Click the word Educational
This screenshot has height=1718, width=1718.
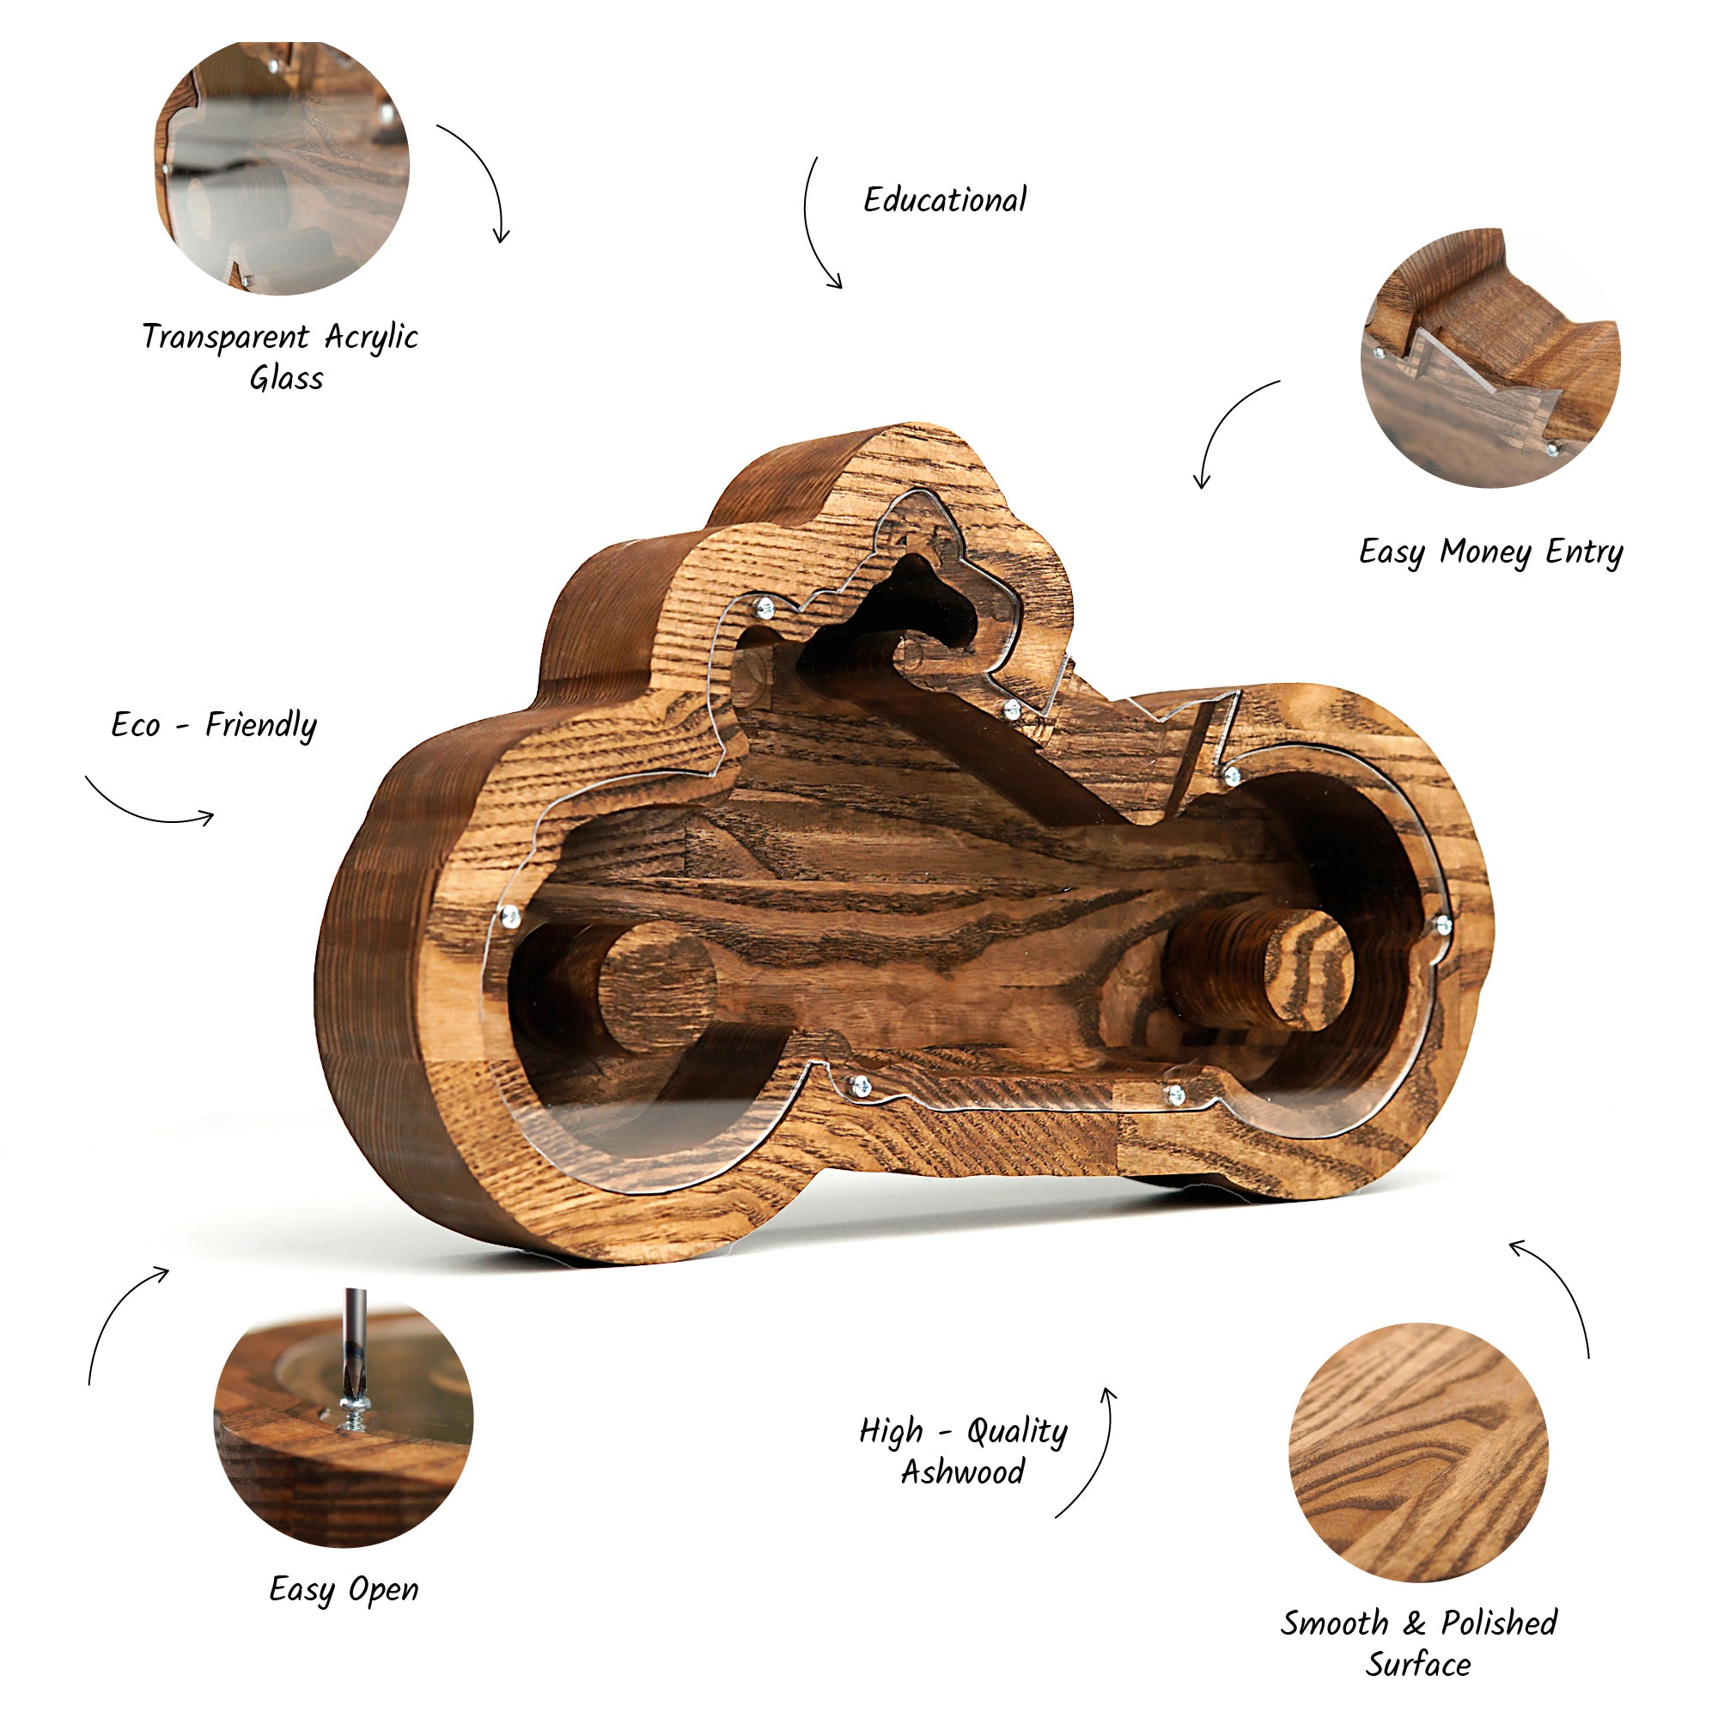coord(945,200)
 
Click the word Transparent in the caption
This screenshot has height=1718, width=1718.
coord(226,338)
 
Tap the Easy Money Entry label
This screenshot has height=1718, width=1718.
coord(1490,552)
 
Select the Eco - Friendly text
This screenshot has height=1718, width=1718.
coord(213,726)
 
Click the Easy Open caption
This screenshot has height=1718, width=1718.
coord(344,1589)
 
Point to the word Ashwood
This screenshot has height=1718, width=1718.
coord(963,1471)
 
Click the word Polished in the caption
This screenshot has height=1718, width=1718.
coord(1499,1623)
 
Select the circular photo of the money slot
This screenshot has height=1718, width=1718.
coord(1490,357)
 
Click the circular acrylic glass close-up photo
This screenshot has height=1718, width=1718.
coord(282,168)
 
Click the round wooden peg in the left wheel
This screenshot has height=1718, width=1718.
coord(656,987)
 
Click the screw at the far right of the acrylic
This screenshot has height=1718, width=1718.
coord(1442,926)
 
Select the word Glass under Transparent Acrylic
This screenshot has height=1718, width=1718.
coord(286,379)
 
